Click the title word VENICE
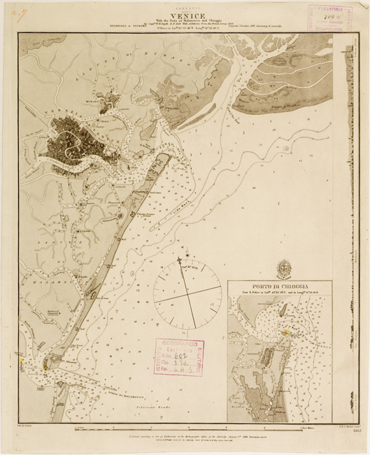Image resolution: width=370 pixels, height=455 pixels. [x=185, y=14]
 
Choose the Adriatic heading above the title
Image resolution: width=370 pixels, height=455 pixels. [x=185, y=6]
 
